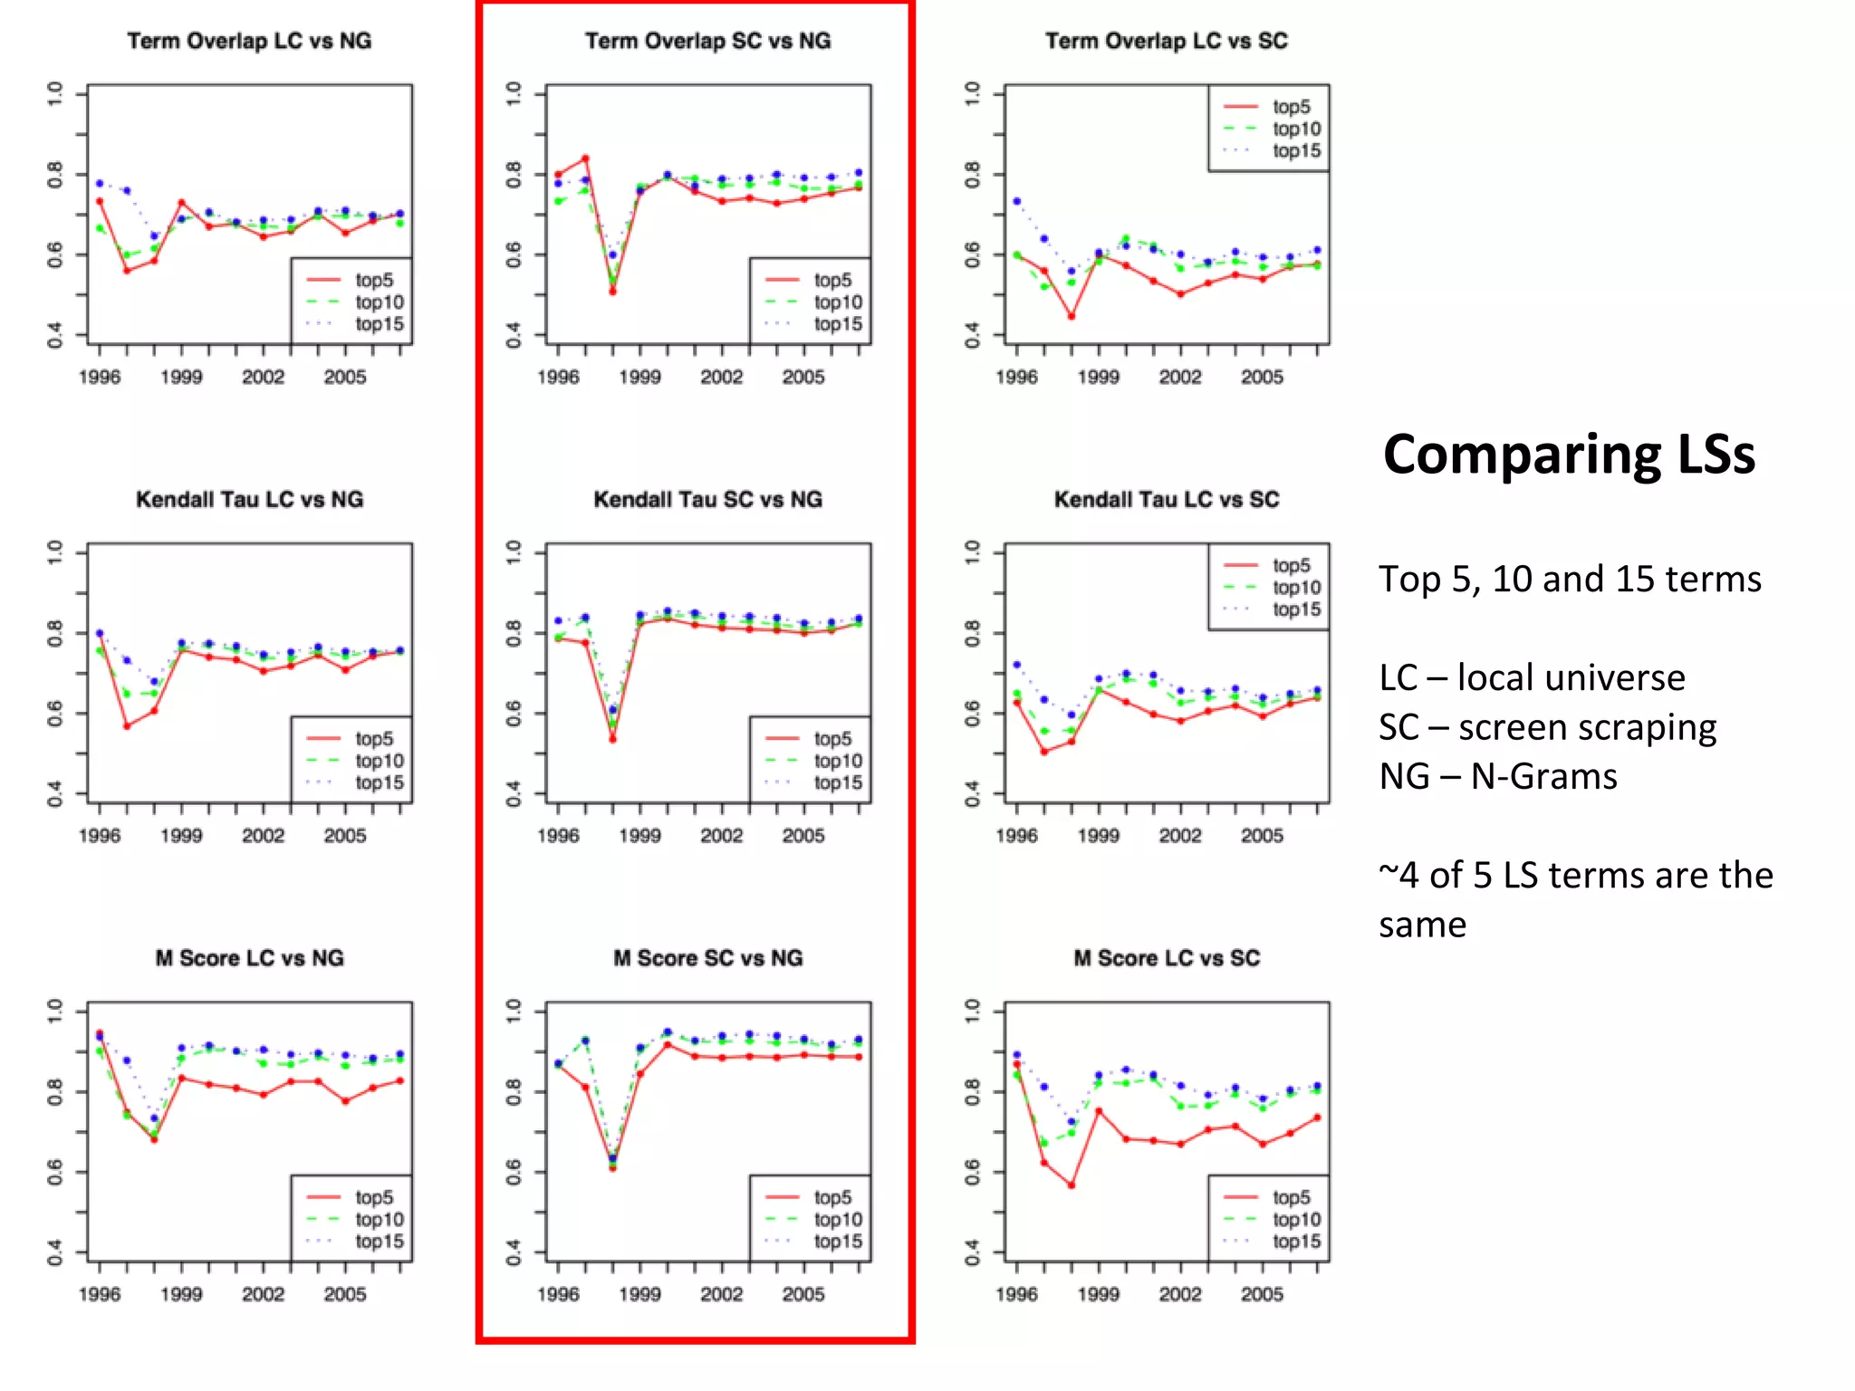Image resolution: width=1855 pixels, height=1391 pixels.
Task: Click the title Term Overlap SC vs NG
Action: pos(707,41)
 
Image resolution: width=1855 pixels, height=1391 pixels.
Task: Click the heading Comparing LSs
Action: pos(1569,455)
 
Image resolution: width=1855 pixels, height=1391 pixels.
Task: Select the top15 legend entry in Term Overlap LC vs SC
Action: pos(1295,151)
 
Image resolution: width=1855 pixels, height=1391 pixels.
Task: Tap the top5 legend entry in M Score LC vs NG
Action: pos(373,1197)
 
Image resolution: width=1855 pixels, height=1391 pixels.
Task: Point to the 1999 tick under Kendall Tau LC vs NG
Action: pos(181,835)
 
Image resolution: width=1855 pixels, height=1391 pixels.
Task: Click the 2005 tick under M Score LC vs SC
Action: pos(1262,1294)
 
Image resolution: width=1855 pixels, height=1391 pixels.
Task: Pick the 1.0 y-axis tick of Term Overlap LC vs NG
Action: pos(55,93)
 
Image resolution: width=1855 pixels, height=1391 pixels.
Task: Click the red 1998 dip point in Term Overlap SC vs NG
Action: pos(612,292)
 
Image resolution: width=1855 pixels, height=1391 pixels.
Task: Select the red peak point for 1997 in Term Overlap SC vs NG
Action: pos(585,158)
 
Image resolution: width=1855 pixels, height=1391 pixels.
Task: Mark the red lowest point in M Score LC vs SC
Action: pos(1072,1185)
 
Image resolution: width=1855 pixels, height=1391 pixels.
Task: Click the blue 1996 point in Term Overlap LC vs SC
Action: pos(1016,201)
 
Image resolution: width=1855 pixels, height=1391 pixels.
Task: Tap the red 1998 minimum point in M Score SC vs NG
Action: pos(612,1168)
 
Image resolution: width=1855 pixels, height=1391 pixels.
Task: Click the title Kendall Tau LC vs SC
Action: pos(1166,500)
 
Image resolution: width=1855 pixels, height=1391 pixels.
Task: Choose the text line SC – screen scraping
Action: pos(1547,727)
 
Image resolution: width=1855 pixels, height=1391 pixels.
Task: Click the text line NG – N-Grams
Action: pos(1497,777)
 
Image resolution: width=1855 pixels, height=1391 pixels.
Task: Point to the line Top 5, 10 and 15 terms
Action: pos(1570,580)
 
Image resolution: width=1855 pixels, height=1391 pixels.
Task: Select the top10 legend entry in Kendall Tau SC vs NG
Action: pos(837,761)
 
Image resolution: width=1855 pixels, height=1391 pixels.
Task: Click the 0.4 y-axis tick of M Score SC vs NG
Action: pos(514,1252)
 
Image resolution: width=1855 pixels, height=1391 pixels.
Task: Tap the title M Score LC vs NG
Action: pos(249,958)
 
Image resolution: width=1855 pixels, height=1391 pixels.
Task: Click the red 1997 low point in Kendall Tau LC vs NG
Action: pos(127,726)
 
